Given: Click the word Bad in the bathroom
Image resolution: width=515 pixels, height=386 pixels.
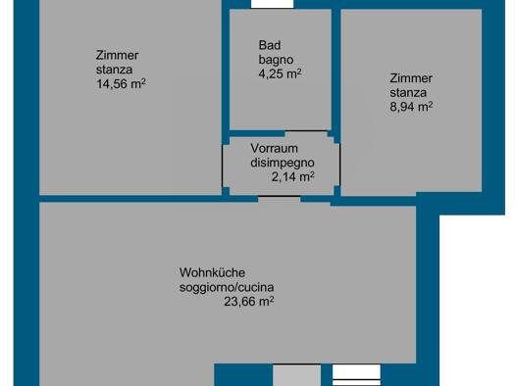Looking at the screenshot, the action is click(270, 45).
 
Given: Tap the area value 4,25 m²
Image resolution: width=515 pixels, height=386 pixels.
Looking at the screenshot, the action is click(280, 73).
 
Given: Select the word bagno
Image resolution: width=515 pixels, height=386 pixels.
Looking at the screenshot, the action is click(276, 60).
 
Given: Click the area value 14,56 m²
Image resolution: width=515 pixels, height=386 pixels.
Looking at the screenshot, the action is click(121, 83).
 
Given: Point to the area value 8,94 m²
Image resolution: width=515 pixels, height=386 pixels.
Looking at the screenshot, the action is click(411, 107).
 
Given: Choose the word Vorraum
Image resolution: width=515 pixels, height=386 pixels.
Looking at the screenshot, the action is click(275, 148).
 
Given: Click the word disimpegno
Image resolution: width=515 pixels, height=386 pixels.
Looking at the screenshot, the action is click(283, 163).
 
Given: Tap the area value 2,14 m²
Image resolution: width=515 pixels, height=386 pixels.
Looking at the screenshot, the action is click(292, 177).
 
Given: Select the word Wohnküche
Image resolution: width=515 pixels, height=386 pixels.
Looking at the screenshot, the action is click(212, 272).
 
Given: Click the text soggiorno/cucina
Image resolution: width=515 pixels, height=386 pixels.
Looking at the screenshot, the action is click(227, 287).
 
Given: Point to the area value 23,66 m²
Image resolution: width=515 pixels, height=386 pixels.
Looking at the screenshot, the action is click(249, 301).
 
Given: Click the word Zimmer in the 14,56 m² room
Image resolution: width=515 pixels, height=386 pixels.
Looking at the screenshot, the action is click(118, 55).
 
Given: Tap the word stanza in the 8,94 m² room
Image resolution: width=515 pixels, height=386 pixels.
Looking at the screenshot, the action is click(408, 93).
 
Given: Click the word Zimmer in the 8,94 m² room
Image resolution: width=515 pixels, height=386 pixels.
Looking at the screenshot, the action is click(411, 78).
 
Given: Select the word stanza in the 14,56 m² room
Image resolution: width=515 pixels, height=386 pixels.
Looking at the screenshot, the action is click(115, 70).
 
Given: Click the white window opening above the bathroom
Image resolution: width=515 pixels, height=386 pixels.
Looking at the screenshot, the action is click(273, 4).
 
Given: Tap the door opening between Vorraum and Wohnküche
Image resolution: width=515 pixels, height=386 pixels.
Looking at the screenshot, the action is click(280, 198).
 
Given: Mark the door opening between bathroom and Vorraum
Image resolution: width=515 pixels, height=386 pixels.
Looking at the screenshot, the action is click(306, 132).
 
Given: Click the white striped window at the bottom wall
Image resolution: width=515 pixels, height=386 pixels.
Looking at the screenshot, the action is click(357, 375).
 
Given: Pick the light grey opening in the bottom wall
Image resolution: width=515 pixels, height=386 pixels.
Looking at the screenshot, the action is click(297, 375).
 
